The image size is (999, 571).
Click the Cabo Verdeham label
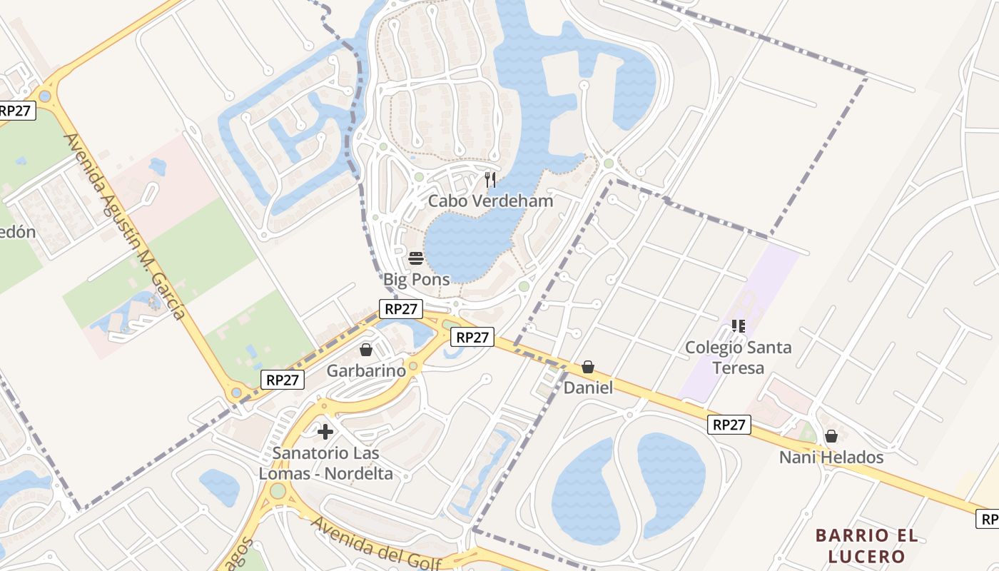(490, 201)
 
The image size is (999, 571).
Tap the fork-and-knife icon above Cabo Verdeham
(490, 179)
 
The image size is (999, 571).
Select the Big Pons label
(417, 279)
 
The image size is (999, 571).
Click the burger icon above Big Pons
(416, 258)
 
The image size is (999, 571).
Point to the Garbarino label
(366, 370)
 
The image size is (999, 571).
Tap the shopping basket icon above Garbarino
(366, 350)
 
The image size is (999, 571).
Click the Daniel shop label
(588, 388)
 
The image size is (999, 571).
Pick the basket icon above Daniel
(588, 367)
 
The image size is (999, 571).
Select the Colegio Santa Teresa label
(738, 358)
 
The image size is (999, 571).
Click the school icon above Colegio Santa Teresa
(738, 326)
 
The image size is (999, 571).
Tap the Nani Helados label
(831, 457)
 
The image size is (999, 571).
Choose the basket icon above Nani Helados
(831, 435)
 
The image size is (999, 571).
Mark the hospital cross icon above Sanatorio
(325, 431)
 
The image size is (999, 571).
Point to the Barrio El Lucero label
(867, 545)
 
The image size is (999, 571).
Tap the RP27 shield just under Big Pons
(401, 309)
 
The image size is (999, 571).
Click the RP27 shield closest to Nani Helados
(729, 425)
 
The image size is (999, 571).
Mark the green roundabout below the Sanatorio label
(278, 491)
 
